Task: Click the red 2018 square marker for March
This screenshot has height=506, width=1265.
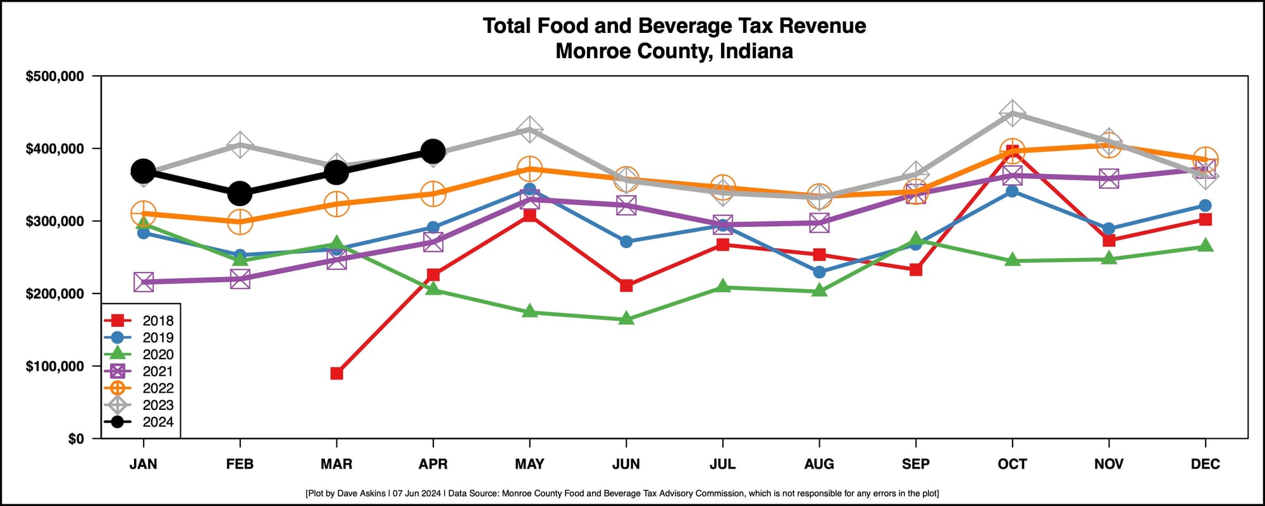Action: [x=336, y=373]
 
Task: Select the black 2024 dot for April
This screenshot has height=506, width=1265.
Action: [x=433, y=152]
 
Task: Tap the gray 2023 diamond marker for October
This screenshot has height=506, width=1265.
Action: [x=1012, y=113]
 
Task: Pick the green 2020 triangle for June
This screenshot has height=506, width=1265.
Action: [x=626, y=319]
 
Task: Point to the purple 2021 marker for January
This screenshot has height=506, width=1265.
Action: [x=144, y=282]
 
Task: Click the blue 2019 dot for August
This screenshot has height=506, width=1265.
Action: [x=819, y=272]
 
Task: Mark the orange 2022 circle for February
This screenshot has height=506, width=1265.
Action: [x=240, y=221]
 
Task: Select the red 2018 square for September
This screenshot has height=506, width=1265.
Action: [x=916, y=270]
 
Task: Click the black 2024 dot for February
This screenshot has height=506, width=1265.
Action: [x=240, y=194]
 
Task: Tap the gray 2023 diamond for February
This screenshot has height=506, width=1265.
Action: [x=240, y=145]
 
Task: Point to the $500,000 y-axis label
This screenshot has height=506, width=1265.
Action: [x=54, y=77]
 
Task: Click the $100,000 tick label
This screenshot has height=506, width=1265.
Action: [x=54, y=366]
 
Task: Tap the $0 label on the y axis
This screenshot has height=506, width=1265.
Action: [x=75, y=439]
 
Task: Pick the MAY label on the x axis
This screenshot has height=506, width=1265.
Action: [x=529, y=464]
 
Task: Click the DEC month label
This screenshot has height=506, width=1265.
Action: [x=1205, y=464]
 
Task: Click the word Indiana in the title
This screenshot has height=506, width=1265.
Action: [x=756, y=51]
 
